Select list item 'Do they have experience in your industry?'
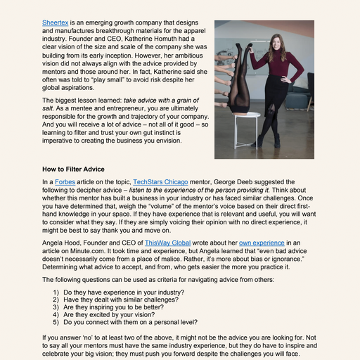click(x=124, y=291)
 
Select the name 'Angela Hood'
click(x=64, y=240)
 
